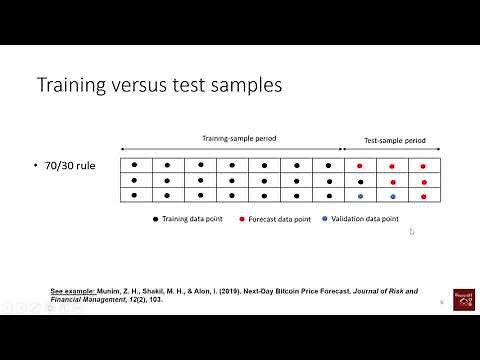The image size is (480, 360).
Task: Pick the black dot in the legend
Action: [156, 218]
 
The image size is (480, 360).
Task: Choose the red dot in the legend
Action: [243, 218]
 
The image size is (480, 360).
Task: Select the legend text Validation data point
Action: [368, 218]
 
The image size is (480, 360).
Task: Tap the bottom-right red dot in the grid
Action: [425, 197]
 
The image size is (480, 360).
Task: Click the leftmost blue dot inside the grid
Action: [361, 197]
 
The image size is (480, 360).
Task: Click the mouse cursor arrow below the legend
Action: [411, 232]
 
